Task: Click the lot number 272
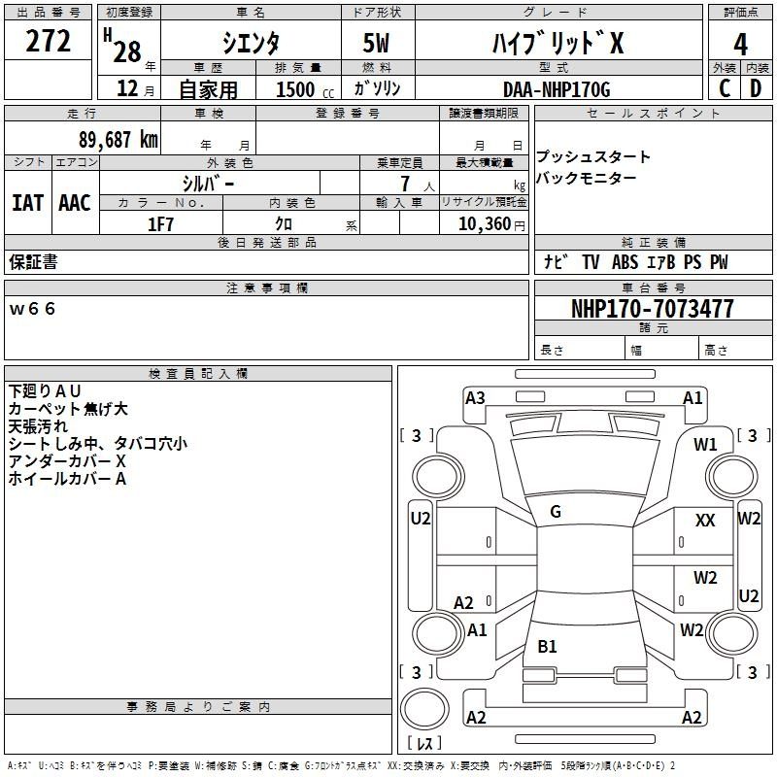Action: click(48, 41)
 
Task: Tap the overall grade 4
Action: click(740, 44)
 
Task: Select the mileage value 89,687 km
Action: click(118, 139)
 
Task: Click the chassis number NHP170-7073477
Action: click(653, 308)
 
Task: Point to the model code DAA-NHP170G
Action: click(557, 89)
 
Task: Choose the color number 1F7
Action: click(160, 224)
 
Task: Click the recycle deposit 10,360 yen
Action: click(491, 224)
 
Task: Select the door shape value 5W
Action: click(376, 43)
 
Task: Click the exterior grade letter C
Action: click(725, 88)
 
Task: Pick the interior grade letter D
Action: click(756, 88)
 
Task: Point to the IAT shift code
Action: click(27, 203)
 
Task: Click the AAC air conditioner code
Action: click(75, 203)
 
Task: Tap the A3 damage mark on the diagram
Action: click(475, 397)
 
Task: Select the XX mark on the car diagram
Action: click(705, 520)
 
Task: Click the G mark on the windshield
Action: click(556, 511)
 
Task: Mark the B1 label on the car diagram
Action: click(547, 646)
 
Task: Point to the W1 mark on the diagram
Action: click(705, 444)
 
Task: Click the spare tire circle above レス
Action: click(424, 709)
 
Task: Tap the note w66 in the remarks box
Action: click(32, 309)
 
